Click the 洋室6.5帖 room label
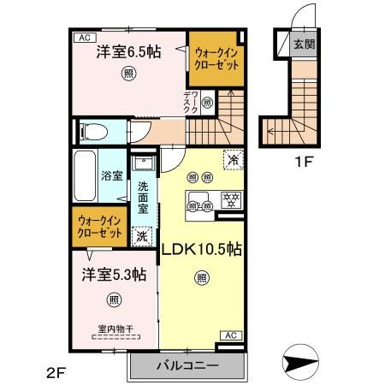pos(127,52)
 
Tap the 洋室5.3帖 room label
pos(113,275)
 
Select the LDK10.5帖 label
pos(201,250)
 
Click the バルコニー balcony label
pos(187,365)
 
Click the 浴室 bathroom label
pos(112,175)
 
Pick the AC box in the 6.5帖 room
pos(84,38)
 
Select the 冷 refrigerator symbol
pos(231,158)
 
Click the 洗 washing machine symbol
pos(142,233)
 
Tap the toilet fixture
pos(92,132)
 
